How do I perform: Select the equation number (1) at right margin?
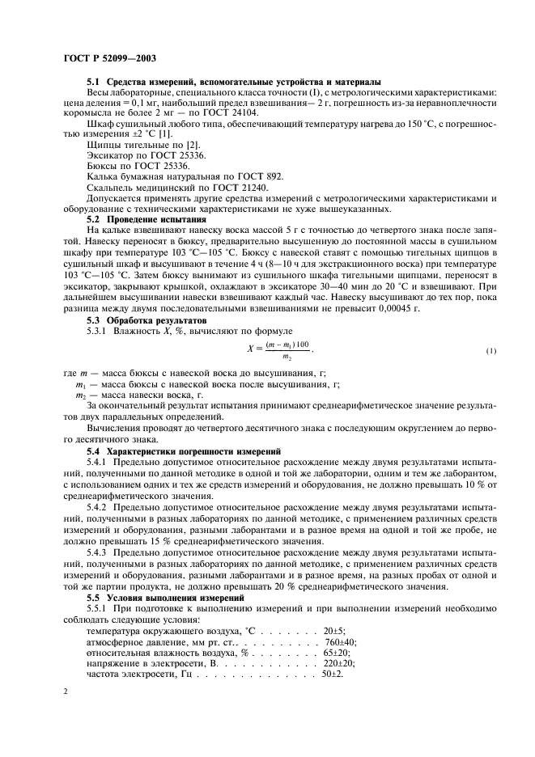(490, 351)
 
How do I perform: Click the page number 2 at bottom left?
(65, 691)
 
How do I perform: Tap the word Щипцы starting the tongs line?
(103, 145)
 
